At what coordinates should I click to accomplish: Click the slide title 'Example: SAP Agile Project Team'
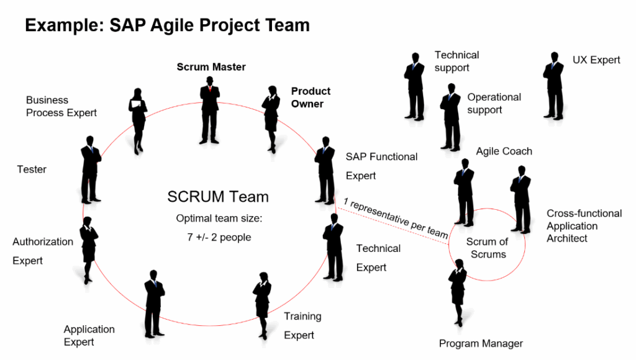[x=166, y=25]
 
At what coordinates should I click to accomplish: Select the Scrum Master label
[x=211, y=67]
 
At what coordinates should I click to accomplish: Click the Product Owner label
[x=311, y=97]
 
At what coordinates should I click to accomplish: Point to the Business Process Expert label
[x=61, y=106]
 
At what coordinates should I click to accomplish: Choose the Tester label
[x=32, y=169]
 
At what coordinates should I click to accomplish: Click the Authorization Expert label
[x=43, y=251]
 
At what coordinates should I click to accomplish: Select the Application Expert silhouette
[x=154, y=304]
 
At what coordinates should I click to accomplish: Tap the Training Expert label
[x=302, y=325]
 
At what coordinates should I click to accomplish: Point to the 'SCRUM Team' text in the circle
[x=218, y=197]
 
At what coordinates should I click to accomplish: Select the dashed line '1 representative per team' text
[x=396, y=218]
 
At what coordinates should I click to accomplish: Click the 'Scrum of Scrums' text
[x=487, y=248]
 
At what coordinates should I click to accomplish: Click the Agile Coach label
[x=504, y=151]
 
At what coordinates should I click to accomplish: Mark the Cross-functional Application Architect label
[x=584, y=225]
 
